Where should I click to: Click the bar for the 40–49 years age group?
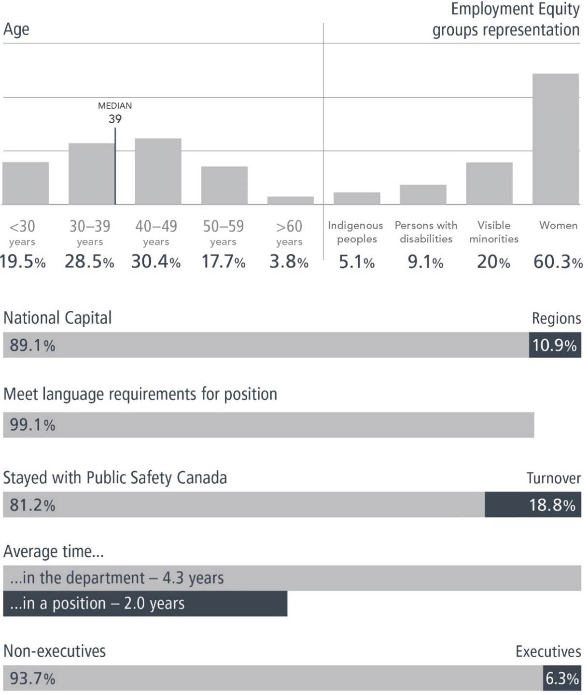pyautogui.click(x=158, y=172)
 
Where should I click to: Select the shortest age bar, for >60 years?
pyautogui.click(x=290, y=200)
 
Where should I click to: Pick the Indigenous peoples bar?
pyautogui.click(x=357, y=198)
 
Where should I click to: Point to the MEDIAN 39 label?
pyautogui.click(x=115, y=113)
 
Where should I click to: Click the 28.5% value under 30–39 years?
pyautogui.click(x=89, y=261)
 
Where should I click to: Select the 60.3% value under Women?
pyautogui.click(x=558, y=261)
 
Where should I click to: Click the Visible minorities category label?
pyautogui.click(x=493, y=232)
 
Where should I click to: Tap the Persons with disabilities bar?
pyautogui.click(x=423, y=194)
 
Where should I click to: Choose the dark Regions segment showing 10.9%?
pyautogui.click(x=555, y=345)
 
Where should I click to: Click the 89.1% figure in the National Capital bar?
pyautogui.click(x=32, y=346)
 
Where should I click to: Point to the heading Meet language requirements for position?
pyautogui.click(x=140, y=394)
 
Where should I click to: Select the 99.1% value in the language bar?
pyautogui.click(x=32, y=425)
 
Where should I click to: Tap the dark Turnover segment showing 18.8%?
pyautogui.click(x=532, y=505)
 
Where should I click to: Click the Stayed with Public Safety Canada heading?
pyautogui.click(x=115, y=478)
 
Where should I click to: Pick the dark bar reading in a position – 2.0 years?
pyautogui.click(x=145, y=604)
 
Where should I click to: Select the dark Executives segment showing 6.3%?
pyautogui.click(x=562, y=679)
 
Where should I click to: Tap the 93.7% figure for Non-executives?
pyautogui.click(x=32, y=679)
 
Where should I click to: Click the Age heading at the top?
pyautogui.click(x=16, y=29)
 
